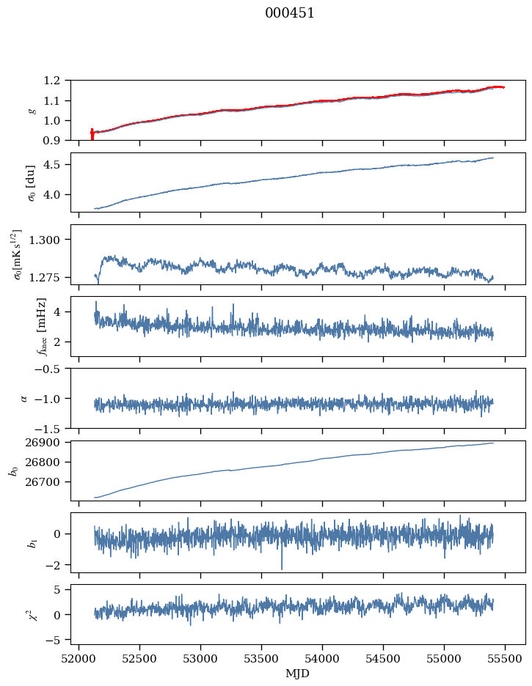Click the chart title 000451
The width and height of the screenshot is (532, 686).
tap(290, 13)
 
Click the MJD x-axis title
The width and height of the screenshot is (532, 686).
tap(298, 673)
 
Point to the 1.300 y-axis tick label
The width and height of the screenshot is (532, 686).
tap(50, 240)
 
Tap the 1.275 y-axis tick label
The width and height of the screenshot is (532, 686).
tap(50, 278)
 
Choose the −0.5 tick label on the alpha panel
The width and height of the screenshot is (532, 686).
tap(51, 369)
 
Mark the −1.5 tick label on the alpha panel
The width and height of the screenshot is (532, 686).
tap(51, 428)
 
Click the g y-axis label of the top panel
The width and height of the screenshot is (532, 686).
tap(32, 110)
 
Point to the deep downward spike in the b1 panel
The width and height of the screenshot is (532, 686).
tap(281, 566)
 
